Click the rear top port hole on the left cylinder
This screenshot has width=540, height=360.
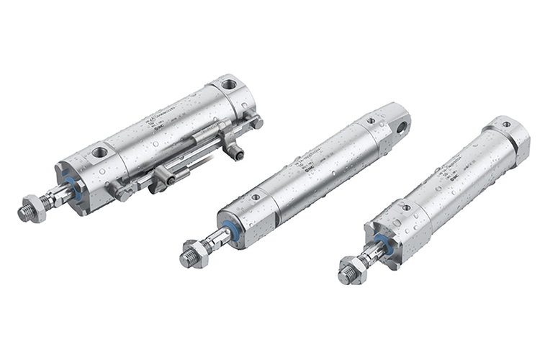pos(229,85)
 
